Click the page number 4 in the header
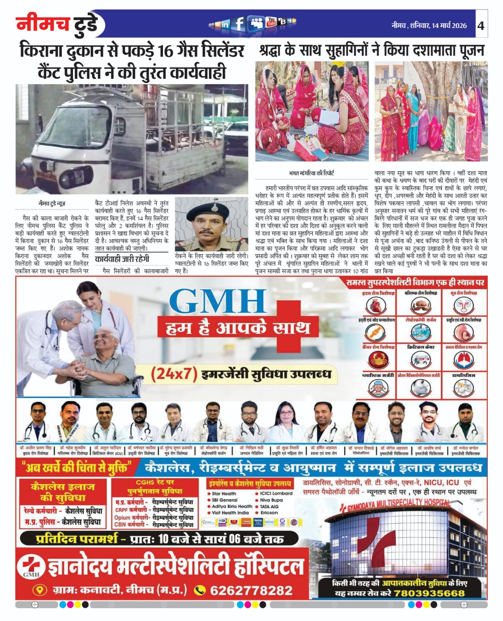[481, 26]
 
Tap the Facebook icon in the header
[239, 24]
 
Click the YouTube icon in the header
[271, 23]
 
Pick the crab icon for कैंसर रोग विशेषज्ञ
[376, 360]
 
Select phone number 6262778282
[251, 590]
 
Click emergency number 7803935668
[429, 593]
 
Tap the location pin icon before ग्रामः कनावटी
[39, 590]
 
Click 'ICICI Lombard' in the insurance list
[276, 493]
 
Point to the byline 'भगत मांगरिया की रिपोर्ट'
[311, 173]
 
